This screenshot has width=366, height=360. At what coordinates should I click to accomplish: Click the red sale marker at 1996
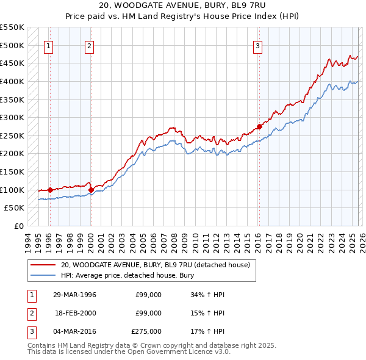tap(50, 190)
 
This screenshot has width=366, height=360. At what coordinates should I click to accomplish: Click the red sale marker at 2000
tap(91, 190)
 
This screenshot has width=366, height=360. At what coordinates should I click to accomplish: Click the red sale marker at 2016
tap(259, 126)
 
